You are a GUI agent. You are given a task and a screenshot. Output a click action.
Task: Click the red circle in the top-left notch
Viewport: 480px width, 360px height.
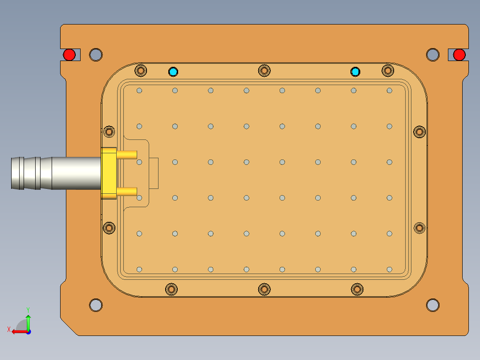(69, 55)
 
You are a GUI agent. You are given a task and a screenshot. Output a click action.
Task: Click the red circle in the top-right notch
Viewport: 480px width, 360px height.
(459, 55)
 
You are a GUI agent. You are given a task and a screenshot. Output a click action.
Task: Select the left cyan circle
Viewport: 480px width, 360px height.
(173, 71)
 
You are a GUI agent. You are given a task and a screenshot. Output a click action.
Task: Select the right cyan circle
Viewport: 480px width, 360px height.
(355, 71)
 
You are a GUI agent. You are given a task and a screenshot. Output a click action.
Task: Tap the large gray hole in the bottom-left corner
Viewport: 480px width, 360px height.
(96, 305)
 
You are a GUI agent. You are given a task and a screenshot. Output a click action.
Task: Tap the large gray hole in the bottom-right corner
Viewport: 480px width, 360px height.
(432, 305)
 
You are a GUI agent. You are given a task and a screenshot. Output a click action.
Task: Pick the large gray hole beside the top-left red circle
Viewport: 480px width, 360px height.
(96, 55)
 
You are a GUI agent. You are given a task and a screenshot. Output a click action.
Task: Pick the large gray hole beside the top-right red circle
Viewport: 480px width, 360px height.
(432, 55)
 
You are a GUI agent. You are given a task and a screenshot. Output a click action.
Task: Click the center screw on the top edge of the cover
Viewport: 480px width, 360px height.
(264, 70)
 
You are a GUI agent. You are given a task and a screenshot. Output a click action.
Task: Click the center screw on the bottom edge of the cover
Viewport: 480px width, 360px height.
(264, 290)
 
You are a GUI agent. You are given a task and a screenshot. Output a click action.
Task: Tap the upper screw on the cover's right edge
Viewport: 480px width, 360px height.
(419, 132)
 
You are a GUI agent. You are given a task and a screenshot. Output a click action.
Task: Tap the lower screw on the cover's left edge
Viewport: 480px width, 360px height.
(109, 228)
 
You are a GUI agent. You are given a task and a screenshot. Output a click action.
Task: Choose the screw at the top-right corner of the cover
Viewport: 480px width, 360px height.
(388, 70)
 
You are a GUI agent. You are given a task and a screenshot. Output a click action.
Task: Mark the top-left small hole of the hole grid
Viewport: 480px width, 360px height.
(139, 90)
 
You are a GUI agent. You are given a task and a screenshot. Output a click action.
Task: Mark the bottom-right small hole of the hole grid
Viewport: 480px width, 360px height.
(390, 270)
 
